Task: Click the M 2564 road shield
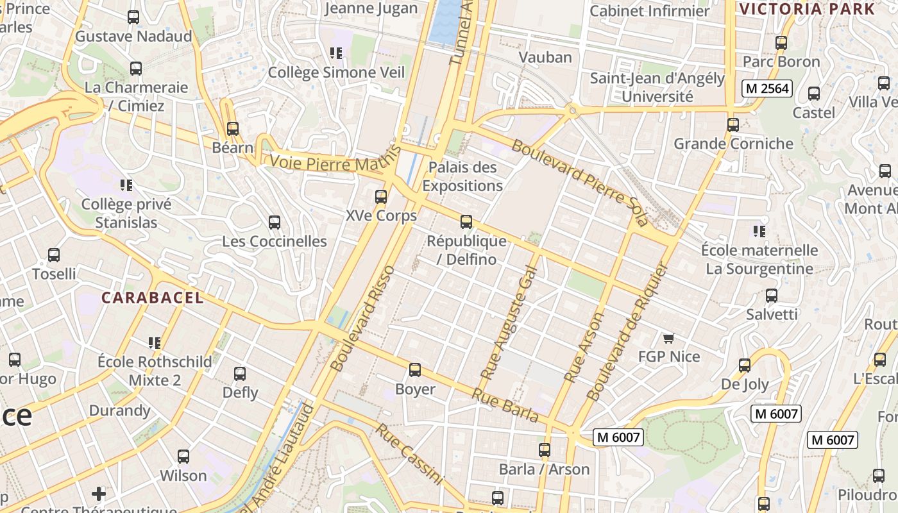[x=767, y=88]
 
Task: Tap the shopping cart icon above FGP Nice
[x=669, y=338]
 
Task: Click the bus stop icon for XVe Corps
[x=381, y=197]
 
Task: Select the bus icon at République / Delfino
[x=466, y=222]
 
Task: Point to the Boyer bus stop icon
[x=415, y=370]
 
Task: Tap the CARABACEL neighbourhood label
[x=153, y=298]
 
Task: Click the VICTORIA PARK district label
[x=807, y=9]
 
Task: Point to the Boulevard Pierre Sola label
[x=580, y=181]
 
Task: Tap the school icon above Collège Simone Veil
[x=335, y=53]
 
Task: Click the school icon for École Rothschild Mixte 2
[x=155, y=342]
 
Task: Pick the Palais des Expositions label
[x=462, y=176]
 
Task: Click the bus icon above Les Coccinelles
[x=275, y=223]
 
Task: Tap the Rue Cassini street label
[x=409, y=454]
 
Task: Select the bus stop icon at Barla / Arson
[x=545, y=450]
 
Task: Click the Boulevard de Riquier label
[x=627, y=332]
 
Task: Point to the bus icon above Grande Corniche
[x=733, y=125]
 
